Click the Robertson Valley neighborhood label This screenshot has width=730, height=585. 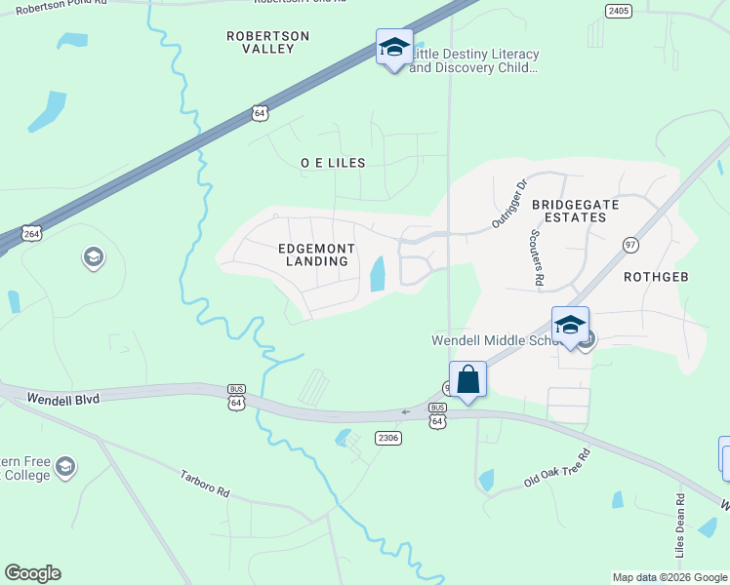click(267, 42)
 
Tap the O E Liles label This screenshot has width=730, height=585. click(333, 163)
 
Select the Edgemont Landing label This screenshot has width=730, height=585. click(315, 254)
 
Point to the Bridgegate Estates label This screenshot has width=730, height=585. click(569, 211)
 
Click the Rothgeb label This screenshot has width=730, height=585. click(656, 277)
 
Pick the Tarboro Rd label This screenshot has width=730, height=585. click(204, 485)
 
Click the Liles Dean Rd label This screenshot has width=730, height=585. click(680, 526)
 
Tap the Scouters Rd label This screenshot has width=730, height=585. click(537, 258)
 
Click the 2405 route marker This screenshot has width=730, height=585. click(618, 11)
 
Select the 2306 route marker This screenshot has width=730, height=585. click(388, 438)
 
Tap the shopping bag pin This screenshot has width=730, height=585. click(468, 379)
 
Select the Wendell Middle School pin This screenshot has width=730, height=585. click(570, 327)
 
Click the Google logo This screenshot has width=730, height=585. click(33, 573)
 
